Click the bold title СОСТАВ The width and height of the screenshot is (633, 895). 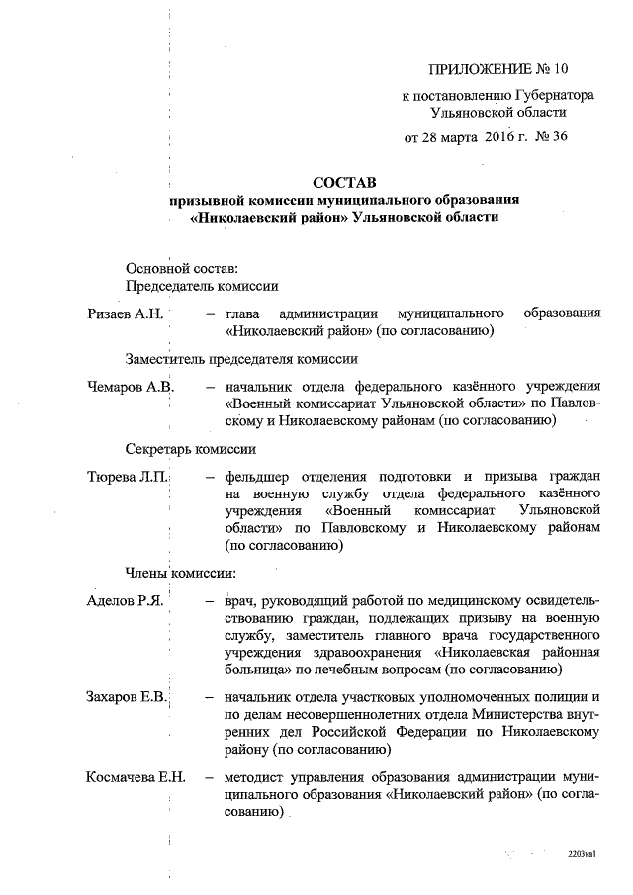tap(344, 183)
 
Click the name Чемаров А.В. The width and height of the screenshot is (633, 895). tap(131, 386)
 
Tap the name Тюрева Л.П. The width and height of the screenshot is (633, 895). tap(128, 477)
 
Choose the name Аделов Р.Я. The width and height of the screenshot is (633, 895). tap(124, 601)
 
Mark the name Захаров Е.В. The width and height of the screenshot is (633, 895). tap(127, 698)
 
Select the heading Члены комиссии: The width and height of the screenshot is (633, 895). tap(180, 572)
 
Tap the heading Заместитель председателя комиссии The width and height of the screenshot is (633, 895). tap(240, 358)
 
